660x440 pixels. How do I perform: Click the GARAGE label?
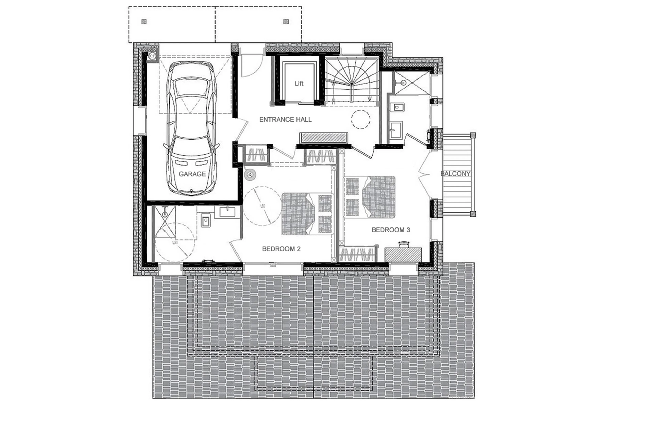coord(192,174)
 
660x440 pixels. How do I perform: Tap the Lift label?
coord(299,83)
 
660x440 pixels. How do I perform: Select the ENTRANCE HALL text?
coord(285,119)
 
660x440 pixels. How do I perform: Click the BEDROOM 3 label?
coord(391,230)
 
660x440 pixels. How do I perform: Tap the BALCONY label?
coord(455,174)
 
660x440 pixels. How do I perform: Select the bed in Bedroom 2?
coord(307,214)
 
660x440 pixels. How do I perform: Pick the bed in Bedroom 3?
coord(370,197)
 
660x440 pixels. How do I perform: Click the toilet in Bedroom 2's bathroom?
coord(206,220)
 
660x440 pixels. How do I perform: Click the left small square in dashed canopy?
coord(144,22)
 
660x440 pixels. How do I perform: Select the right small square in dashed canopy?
coord(286,22)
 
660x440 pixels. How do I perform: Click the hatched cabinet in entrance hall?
coord(324,138)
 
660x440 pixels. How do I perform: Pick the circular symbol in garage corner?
coord(152,56)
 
